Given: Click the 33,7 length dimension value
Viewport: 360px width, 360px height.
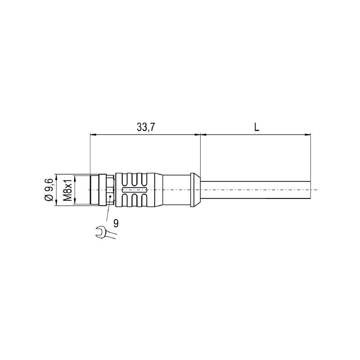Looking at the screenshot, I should tap(146, 127).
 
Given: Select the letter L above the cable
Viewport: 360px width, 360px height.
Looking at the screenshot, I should tap(256, 127).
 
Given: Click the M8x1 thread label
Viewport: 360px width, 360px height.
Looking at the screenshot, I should tap(67, 190).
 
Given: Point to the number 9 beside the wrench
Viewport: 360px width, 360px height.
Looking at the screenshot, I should tap(116, 223).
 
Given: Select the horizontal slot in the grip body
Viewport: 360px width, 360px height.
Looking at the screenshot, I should tap(134, 190).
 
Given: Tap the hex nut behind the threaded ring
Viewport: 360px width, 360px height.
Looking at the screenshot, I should tap(110, 190).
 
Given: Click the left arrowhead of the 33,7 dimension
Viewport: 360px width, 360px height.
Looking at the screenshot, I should tap(92, 134).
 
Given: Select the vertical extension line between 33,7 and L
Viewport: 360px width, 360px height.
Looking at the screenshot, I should tap(200, 153).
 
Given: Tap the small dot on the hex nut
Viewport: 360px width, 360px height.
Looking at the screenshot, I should tap(110, 197).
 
